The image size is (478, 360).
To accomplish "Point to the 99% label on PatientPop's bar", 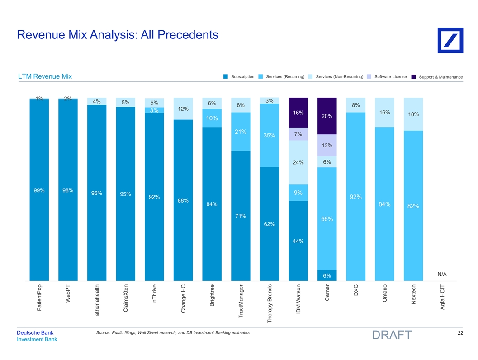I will (39, 190).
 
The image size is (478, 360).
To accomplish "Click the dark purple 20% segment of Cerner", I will (327, 116).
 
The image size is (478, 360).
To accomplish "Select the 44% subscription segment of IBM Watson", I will (298, 241).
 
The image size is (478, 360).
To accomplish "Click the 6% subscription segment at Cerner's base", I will (327, 275).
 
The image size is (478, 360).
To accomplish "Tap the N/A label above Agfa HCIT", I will (442, 274).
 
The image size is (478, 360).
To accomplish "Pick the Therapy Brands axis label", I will (270, 303).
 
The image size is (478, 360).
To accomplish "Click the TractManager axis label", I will (241, 301).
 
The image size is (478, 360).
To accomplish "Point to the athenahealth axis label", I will (97, 299).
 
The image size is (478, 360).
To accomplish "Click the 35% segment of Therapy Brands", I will (270, 136).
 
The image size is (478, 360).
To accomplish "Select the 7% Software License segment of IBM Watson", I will (298, 134).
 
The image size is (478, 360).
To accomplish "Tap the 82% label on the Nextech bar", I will (413, 206).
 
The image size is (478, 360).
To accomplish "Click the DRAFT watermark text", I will (391, 335).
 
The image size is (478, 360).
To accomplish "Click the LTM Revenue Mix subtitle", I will (45, 76).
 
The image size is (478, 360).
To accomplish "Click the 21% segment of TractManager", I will (241, 132).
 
